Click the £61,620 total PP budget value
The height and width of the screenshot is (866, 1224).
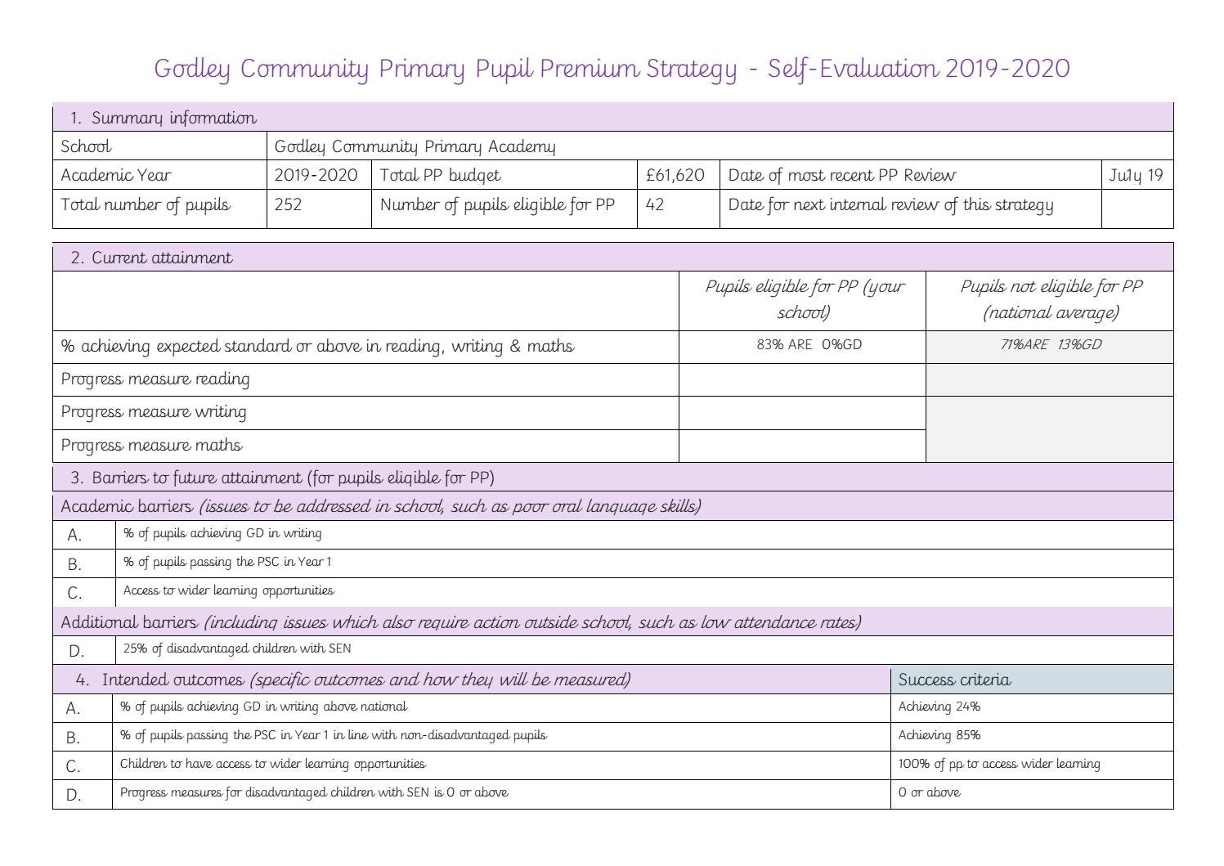click(x=675, y=175)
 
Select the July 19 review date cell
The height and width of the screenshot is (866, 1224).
click(x=1136, y=175)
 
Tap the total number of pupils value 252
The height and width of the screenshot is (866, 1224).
click(x=288, y=204)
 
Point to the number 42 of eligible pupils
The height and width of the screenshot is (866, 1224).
click(x=654, y=204)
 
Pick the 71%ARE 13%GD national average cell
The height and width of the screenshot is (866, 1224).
click(x=1051, y=344)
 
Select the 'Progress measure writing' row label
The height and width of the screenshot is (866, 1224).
click(x=154, y=411)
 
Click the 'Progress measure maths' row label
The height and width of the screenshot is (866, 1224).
click(x=151, y=445)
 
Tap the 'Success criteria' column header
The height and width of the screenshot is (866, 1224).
click(x=954, y=680)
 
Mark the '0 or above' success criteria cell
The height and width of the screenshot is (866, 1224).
click(x=929, y=792)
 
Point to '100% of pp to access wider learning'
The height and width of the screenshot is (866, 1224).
click(x=999, y=764)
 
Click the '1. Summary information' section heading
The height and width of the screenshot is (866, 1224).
click(x=163, y=118)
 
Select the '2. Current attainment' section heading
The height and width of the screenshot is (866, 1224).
click(x=151, y=258)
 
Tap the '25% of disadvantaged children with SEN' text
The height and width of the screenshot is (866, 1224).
click(x=237, y=648)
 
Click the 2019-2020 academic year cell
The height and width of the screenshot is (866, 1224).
click(x=316, y=175)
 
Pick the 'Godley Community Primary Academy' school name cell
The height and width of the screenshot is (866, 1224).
click(x=415, y=146)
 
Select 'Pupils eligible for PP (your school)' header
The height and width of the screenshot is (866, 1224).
click(x=805, y=299)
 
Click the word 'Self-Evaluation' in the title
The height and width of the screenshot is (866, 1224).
click(x=853, y=68)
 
